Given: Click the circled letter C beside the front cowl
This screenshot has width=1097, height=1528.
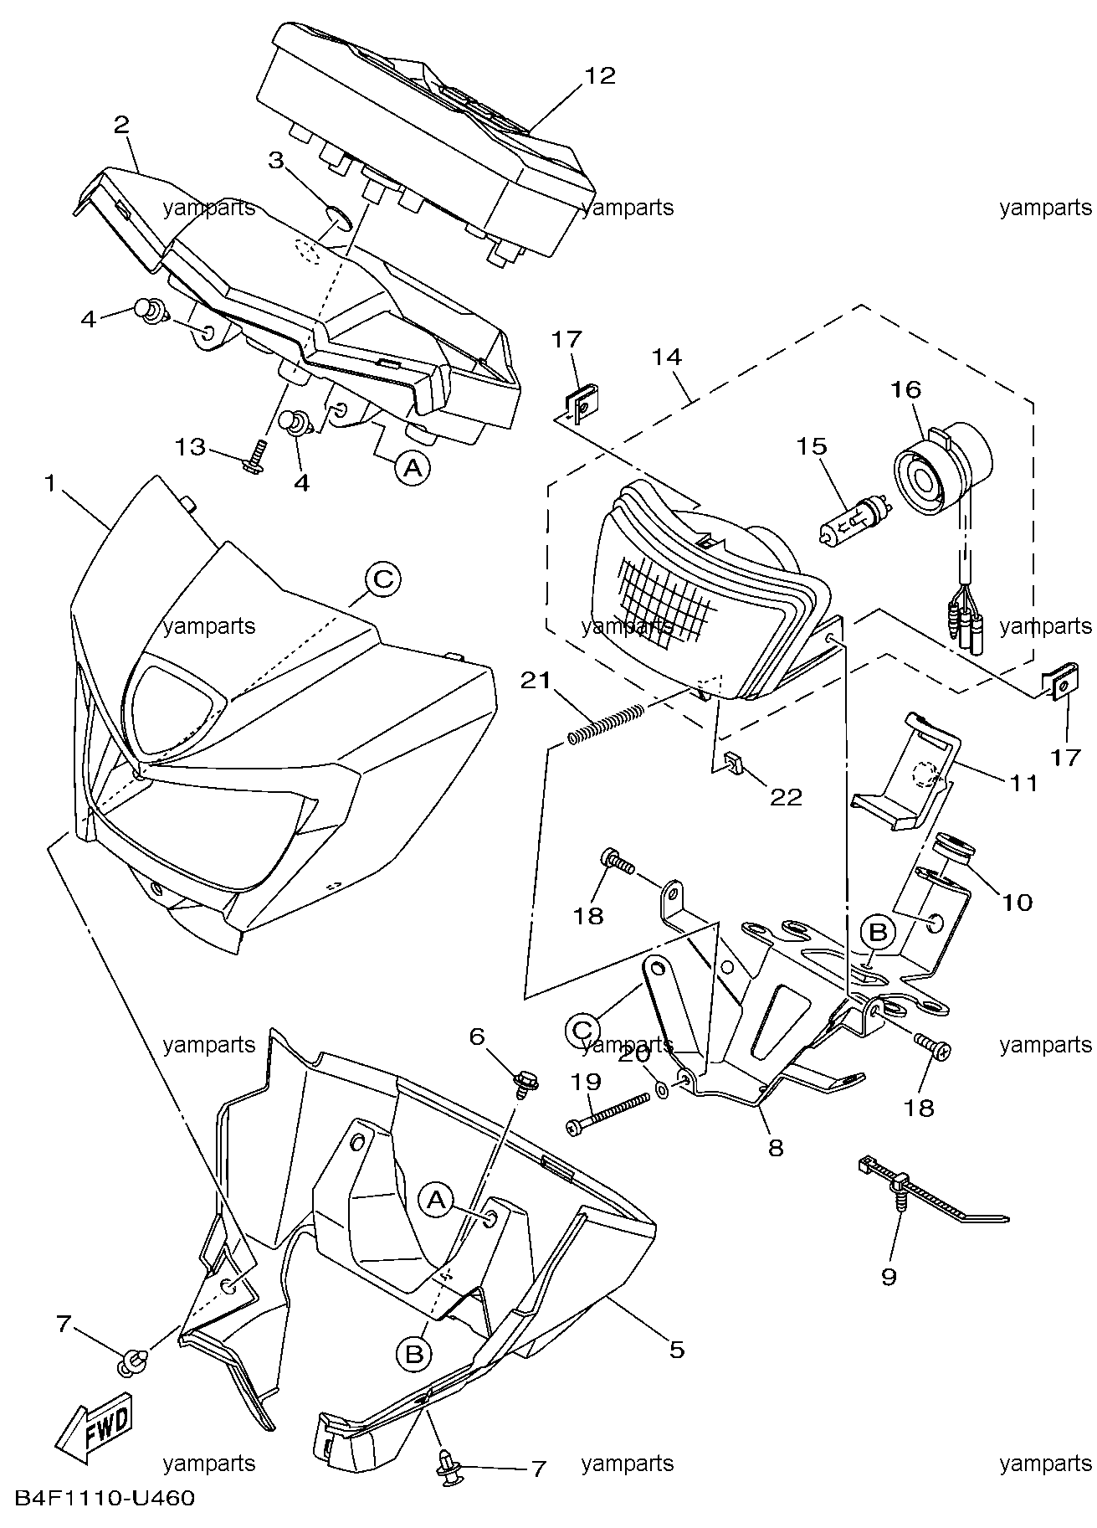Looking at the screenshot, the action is point(382,579).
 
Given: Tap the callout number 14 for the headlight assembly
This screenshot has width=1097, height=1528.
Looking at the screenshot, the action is point(667,357).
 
